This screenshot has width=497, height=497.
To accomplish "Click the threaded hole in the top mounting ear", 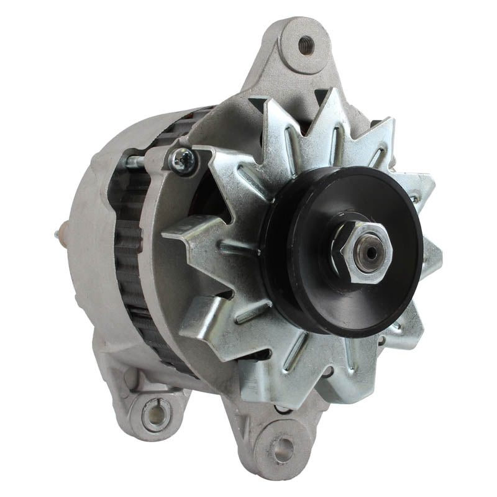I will (x=306, y=44).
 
